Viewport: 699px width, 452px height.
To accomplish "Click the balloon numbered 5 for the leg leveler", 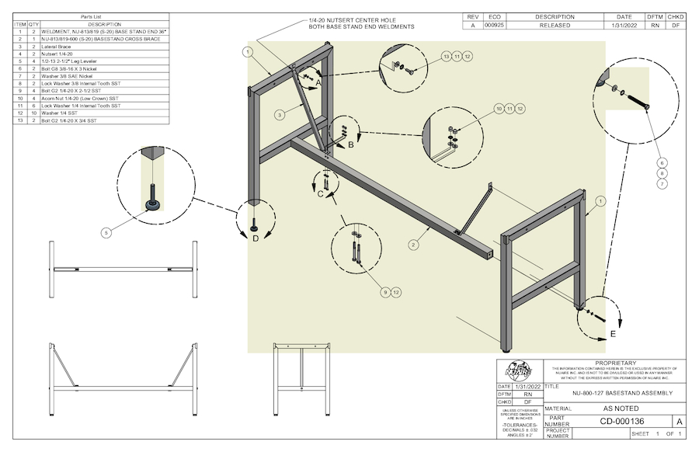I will (x=107, y=231).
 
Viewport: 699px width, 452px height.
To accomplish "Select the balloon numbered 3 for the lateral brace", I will (x=278, y=114).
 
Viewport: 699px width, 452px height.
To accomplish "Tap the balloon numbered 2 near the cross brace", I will (x=413, y=245).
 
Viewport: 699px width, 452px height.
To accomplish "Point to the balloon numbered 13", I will (x=446, y=56).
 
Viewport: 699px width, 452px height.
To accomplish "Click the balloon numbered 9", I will (x=384, y=292).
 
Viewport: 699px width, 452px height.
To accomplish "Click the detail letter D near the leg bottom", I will (x=256, y=238).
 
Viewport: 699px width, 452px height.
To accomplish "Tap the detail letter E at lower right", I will (x=613, y=334).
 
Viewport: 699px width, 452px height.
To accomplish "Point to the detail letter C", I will (x=319, y=194).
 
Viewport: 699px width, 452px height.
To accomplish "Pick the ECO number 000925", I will (x=495, y=25).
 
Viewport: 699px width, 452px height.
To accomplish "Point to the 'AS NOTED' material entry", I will (x=621, y=408).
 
